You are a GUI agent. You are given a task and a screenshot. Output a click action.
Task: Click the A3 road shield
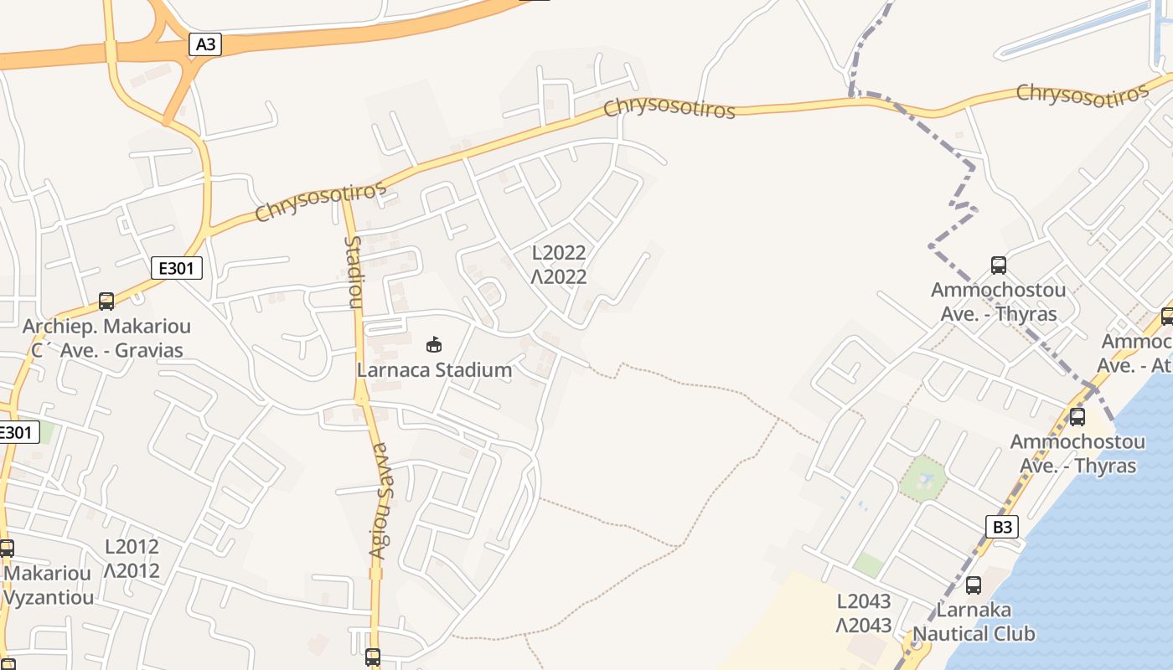click(205, 44)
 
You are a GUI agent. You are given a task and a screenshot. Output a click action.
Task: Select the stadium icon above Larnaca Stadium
click(434, 344)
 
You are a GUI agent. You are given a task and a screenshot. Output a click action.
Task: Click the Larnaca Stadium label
click(434, 369)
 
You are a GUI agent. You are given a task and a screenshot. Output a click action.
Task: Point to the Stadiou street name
click(354, 271)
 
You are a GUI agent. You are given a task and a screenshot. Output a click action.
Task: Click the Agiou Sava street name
click(380, 500)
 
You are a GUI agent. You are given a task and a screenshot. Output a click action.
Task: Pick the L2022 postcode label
click(559, 253)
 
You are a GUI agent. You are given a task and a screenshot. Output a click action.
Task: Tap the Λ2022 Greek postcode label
click(559, 276)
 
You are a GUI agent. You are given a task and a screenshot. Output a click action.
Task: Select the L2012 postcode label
click(132, 547)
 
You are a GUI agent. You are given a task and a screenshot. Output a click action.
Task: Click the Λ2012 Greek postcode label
click(132, 571)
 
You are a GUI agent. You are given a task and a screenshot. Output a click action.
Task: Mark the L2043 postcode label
click(864, 601)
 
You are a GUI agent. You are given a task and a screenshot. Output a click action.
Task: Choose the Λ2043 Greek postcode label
click(864, 625)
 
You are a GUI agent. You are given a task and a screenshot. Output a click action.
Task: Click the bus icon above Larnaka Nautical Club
click(973, 585)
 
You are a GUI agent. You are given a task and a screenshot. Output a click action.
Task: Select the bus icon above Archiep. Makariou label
click(106, 301)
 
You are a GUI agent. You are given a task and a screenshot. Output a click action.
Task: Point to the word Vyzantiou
click(49, 598)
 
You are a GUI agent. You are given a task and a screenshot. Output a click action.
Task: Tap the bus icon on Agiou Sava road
click(373, 657)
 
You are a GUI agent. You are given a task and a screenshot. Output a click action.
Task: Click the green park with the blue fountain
click(923, 479)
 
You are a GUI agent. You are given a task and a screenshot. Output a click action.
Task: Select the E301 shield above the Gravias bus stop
click(177, 268)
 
